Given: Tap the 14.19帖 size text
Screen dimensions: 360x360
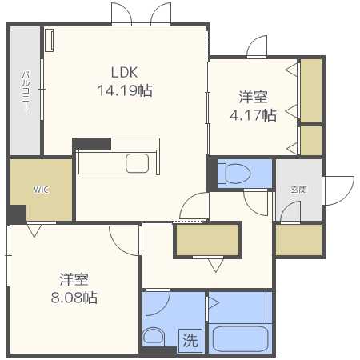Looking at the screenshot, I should click(124, 90).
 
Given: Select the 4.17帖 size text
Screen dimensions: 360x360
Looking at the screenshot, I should click(253, 115).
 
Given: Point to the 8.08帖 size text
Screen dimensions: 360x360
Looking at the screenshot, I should click(74, 298).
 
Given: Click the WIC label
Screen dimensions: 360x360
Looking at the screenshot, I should click(40, 190).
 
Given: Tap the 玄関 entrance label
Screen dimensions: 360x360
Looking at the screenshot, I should click(298, 190).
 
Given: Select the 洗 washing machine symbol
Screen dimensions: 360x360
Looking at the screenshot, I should click(190, 339).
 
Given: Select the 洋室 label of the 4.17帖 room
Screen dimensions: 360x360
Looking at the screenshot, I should click(253, 98).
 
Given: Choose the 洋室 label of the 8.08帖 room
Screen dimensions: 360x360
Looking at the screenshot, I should click(74, 280).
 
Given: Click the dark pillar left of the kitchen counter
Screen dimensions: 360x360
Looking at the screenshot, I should click(90, 144).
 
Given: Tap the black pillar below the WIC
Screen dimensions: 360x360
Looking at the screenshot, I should click(18, 214).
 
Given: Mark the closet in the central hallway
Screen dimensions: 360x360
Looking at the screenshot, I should click(207, 240).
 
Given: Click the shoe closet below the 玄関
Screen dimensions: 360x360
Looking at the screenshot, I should click(298, 239).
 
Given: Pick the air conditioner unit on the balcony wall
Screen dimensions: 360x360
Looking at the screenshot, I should click(50, 40).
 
